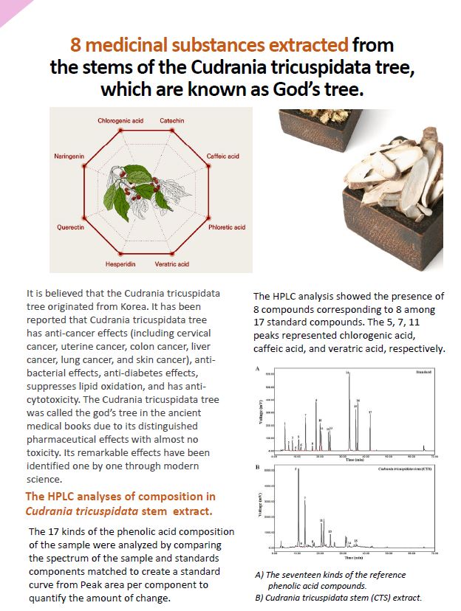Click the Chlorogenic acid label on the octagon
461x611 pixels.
(x=120, y=120)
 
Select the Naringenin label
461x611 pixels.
(x=68, y=156)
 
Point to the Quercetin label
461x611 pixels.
(x=71, y=227)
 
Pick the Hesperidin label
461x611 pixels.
(x=120, y=263)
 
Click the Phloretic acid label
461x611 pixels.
(x=227, y=227)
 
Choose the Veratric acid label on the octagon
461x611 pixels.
(x=171, y=263)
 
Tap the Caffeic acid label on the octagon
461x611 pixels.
(x=222, y=156)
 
